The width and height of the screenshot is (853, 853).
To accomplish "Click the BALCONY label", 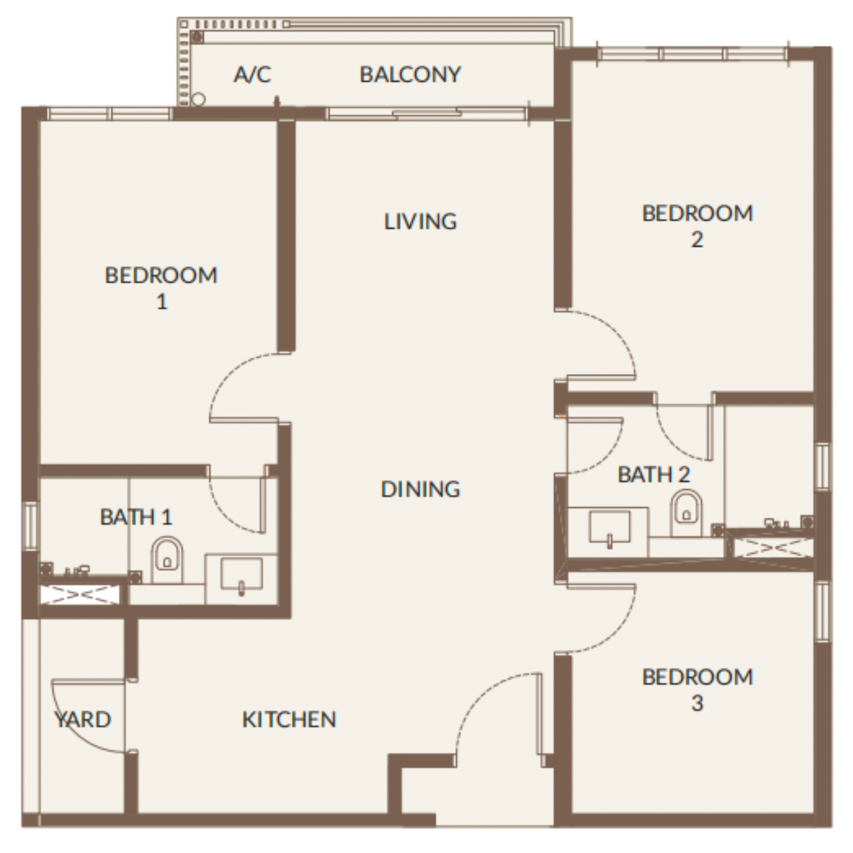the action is tap(410, 74).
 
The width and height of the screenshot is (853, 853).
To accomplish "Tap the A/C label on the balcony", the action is tap(252, 74).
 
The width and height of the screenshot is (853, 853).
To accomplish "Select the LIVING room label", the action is tap(421, 221).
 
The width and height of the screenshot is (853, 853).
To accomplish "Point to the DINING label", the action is tap(421, 489).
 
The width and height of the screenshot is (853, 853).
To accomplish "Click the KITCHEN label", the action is tap(289, 720).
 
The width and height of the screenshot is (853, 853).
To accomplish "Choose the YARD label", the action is tap(83, 720).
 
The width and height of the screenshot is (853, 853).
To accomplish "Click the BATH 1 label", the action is tap(136, 517).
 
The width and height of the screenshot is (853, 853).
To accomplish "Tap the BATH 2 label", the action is tap(653, 475).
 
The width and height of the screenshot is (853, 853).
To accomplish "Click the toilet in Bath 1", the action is tap(167, 560).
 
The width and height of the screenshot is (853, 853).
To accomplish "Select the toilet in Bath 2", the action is tap(686, 514).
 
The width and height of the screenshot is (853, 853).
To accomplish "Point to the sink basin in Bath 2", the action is tap(610, 527).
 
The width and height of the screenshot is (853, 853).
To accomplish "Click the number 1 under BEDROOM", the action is tap(162, 302).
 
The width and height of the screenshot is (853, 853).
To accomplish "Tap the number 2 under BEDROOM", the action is tap(697, 240).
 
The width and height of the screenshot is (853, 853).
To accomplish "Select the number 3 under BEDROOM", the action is tap(697, 704).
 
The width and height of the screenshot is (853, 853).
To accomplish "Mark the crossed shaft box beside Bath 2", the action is tap(773, 548).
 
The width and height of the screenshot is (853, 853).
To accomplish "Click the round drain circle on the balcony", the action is tap(199, 99).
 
